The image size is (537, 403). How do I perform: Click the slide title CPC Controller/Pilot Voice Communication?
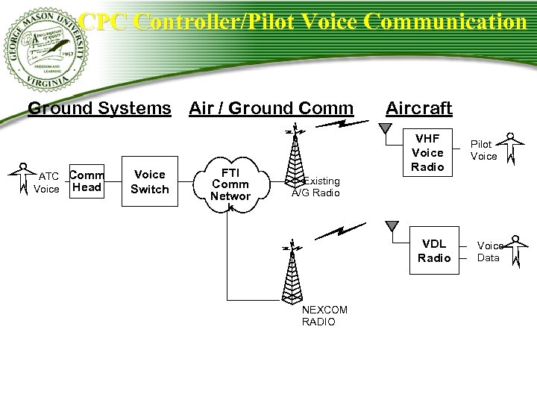[x=302, y=22]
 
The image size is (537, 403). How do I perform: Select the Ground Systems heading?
[x=99, y=108]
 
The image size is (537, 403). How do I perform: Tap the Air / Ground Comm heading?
[x=271, y=108]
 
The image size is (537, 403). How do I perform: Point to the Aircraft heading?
[x=419, y=108]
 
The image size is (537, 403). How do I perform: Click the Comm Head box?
[x=87, y=181]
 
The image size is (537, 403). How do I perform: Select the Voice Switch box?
[x=149, y=181]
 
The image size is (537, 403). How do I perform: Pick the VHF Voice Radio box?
[x=427, y=152]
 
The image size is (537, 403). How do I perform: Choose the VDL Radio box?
[x=434, y=251]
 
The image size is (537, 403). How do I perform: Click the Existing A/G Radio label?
[x=316, y=187]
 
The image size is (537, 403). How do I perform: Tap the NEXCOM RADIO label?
[x=319, y=316]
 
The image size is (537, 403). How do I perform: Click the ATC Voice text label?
[x=47, y=183]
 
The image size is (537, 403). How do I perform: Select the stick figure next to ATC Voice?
[x=23, y=178]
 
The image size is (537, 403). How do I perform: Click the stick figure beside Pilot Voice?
[x=511, y=149]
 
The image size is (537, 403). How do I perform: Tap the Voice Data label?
[x=489, y=252]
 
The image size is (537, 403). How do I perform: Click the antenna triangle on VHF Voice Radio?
[x=385, y=128]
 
